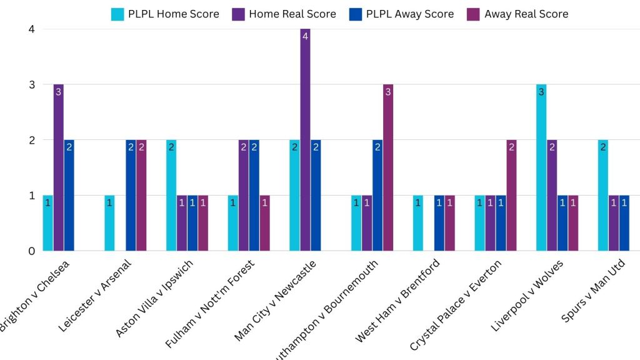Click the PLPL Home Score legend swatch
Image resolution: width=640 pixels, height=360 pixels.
[117, 14]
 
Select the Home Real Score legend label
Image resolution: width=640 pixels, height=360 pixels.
[292, 14]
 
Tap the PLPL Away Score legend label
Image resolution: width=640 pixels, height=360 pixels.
[410, 14]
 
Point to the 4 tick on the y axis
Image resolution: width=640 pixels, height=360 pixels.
[31, 29]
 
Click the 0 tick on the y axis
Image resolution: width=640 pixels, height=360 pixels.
[31, 251]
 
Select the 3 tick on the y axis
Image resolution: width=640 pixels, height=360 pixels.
[31, 84]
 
